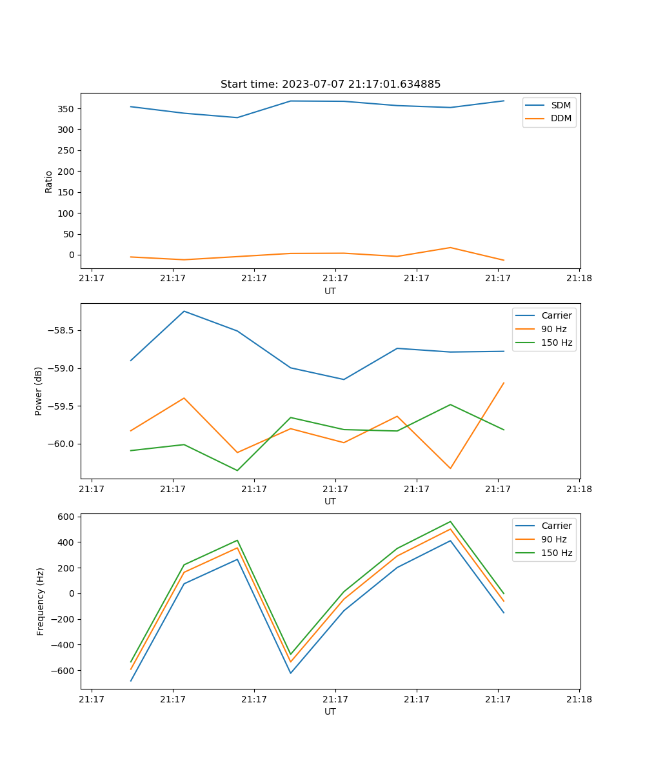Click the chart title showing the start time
click(x=330, y=84)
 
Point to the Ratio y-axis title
click(x=49, y=181)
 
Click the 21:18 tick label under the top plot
click(x=579, y=279)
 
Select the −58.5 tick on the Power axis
click(x=62, y=331)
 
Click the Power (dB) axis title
click(x=39, y=391)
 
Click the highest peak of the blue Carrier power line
click(x=184, y=311)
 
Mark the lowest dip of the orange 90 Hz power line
click(x=450, y=468)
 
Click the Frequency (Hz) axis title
click(x=41, y=601)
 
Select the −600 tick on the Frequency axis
click(x=62, y=671)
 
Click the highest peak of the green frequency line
click(x=450, y=521)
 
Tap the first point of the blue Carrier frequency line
click(x=131, y=680)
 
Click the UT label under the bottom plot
click(x=330, y=711)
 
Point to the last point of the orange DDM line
click(x=504, y=261)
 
